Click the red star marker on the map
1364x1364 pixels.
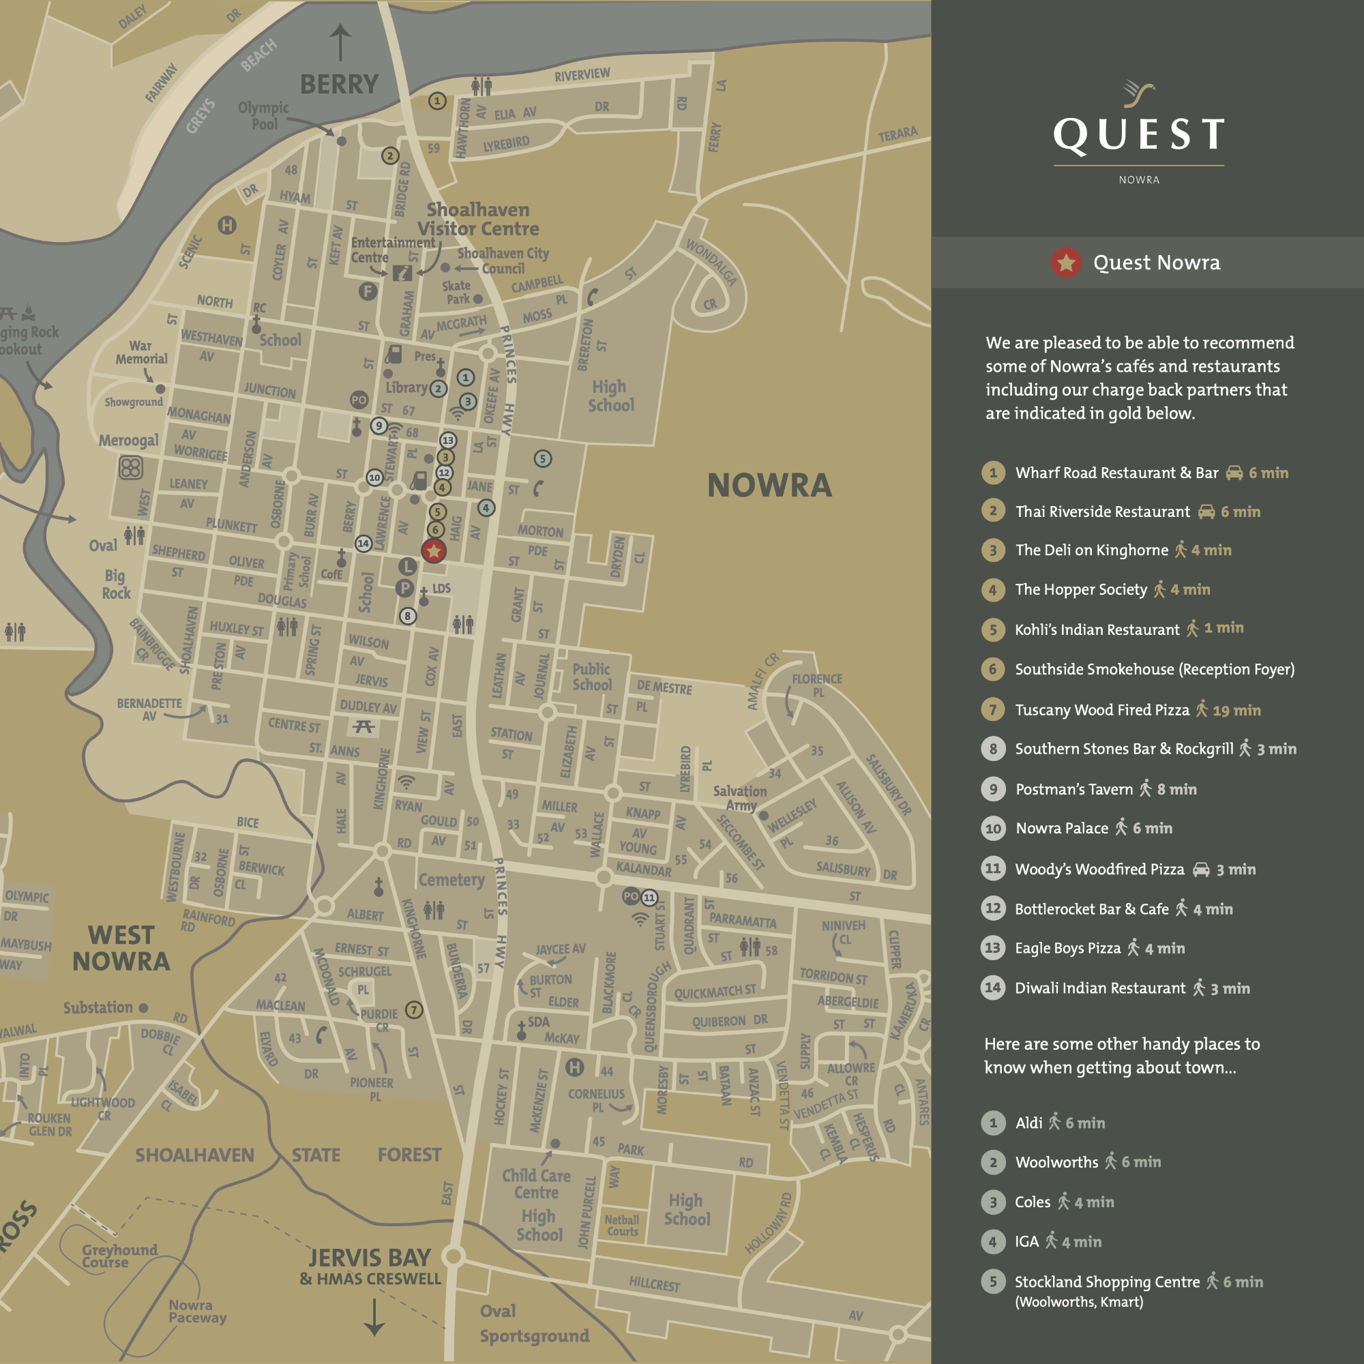coord(434,550)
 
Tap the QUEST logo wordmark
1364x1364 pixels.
coord(1139,134)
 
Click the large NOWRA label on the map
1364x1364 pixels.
coord(769,486)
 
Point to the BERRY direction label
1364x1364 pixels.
coord(340,84)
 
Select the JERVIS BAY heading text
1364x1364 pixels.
coord(369,1258)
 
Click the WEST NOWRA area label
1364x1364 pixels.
coord(121,948)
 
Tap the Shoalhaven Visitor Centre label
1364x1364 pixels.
coord(478,219)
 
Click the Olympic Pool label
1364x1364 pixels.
coord(263,116)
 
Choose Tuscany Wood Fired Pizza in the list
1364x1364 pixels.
coord(1101,709)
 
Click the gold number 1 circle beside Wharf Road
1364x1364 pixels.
coord(992,473)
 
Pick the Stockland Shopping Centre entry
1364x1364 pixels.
coord(1106,1281)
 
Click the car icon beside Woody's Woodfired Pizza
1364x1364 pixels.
coord(1201,869)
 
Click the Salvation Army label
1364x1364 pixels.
coord(739,798)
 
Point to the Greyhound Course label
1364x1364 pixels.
coord(119,1256)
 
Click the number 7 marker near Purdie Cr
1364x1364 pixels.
coord(415,1009)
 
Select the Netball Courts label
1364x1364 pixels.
coord(621,1226)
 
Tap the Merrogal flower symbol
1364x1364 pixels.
coord(131,467)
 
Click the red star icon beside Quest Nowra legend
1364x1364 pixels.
coord(1066,263)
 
